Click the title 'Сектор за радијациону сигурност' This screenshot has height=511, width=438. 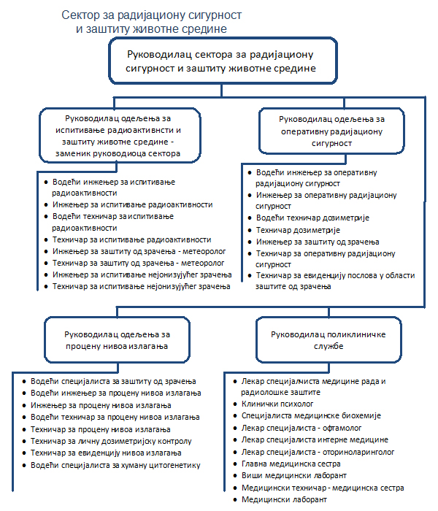(x=153, y=15)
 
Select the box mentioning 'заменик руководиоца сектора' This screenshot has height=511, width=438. (x=119, y=135)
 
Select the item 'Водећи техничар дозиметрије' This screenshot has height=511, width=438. (x=313, y=218)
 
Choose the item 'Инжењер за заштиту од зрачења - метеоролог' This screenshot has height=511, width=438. (x=132, y=251)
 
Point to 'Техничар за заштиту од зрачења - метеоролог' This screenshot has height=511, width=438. (x=132, y=263)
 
